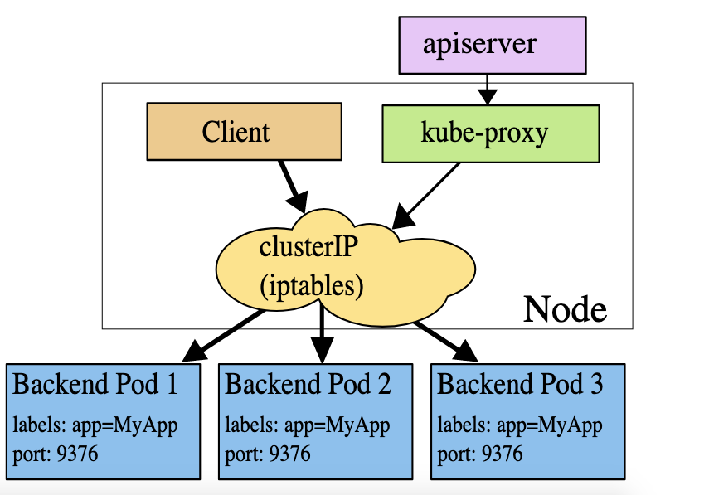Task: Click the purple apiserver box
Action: coord(493,46)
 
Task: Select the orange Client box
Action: coord(244,132)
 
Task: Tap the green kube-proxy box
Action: coord(491,133)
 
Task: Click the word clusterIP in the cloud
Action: coord(308,247)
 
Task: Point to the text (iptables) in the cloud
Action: coord(312,286)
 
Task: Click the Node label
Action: coord(566,309)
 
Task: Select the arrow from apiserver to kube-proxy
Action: coord(487,90)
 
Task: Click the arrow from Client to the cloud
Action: coord(294,187)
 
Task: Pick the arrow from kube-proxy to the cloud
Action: coord(426,196)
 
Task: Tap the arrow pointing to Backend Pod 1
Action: coord(224,336)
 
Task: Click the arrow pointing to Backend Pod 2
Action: coord(322,332)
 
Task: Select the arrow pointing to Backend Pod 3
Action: coord(445,342)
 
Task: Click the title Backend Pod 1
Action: coord(95,384)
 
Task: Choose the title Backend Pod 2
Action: coord(308,384)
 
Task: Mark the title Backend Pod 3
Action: coord(520,384)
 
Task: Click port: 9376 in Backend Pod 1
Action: coord(56,454)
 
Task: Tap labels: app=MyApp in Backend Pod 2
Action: coord(308,425)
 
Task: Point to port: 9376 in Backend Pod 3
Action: coord(480,454)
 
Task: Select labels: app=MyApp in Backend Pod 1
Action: coord(95,425)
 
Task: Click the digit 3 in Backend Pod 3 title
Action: coord(597,384)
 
